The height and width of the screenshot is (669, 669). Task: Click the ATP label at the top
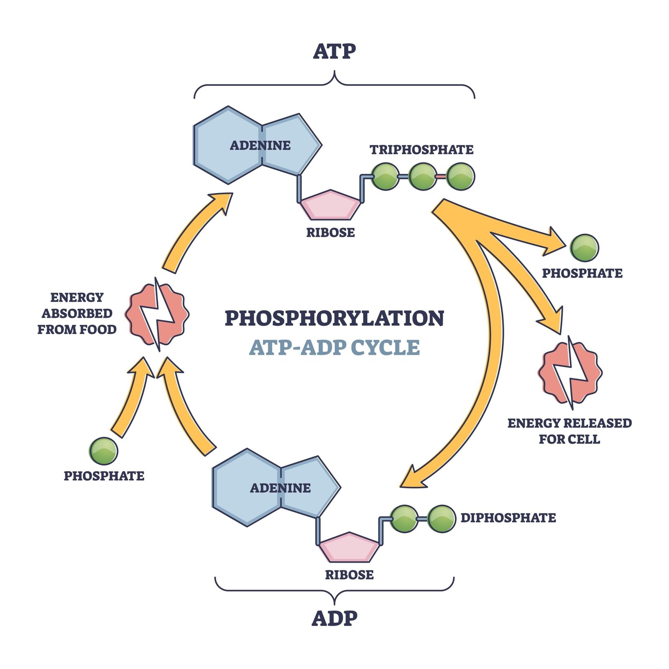click(x=334, y=51)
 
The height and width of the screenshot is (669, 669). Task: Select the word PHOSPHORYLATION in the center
click(x=334, y=318)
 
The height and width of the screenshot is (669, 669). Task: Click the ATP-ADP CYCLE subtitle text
click(x=334, y=348)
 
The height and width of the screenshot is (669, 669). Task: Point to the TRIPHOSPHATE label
click(x=421, y=150)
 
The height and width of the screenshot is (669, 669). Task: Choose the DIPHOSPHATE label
click(x=508, y=518)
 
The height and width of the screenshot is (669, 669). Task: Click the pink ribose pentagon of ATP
click(x=330, y=205)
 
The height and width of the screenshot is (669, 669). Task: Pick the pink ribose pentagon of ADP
click(x=349, y=547)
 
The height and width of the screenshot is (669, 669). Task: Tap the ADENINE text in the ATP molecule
click(x=260, y=146)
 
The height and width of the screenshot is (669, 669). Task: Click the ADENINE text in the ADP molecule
click(x=280, y=488)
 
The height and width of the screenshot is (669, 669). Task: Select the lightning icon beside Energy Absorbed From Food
click(x=158, y=314)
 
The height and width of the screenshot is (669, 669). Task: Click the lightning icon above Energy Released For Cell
click(x=570, y=372)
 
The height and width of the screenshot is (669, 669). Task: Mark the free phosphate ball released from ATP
click(x=584, y=248)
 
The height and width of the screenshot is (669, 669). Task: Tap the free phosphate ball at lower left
click(x=104, y=451)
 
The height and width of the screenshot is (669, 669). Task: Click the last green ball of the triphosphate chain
click(x=460, y=176)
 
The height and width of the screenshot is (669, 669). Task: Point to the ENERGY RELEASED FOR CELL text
click(x=569, y=431)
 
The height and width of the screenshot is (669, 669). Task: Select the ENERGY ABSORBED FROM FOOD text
click(x=77, y=314)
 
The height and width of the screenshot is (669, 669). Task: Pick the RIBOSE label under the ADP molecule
click(x=349, y=575)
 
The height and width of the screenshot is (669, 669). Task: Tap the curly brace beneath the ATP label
click(x=334, y=84)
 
